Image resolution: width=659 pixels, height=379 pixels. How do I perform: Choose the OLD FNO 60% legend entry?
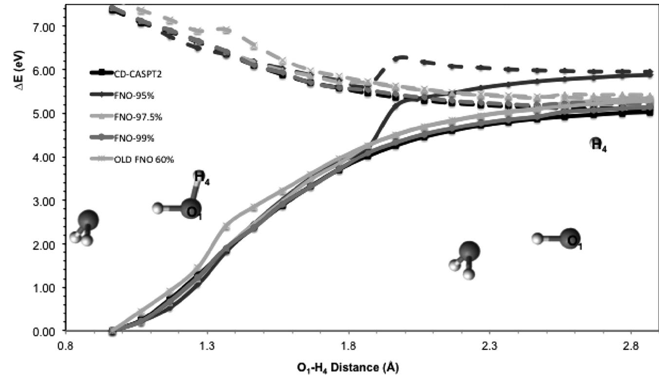124,159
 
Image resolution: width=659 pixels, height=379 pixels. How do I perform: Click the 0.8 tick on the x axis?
66,345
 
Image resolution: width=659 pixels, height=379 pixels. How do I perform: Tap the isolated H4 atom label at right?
598,145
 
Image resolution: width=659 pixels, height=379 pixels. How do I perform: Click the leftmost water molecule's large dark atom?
88,220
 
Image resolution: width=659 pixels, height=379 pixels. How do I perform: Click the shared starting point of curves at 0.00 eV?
113,331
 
